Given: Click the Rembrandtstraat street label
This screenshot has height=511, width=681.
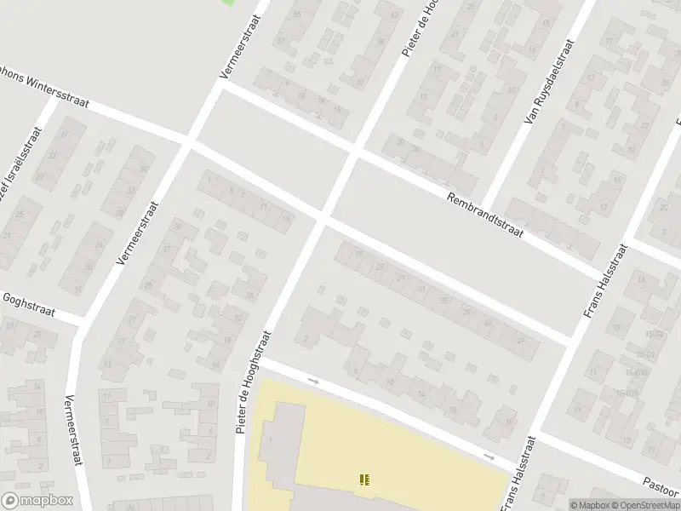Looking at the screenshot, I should click(487, 213).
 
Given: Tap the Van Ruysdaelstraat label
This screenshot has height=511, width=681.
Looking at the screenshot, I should click(547, 83).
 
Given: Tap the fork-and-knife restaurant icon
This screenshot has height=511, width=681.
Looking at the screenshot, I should click(364, 480).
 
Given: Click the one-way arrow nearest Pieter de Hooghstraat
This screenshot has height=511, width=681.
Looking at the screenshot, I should click(312, 380).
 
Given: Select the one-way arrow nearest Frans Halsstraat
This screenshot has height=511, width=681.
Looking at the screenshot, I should click(489, 456).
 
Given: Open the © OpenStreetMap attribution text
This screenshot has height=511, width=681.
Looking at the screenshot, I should click(646, 505).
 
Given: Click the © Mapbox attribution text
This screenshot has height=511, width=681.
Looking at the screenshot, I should click(590, 505).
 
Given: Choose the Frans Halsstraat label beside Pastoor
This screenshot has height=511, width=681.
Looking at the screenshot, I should click(519, 474).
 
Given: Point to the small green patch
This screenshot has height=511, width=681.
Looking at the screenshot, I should click(227, 3).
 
